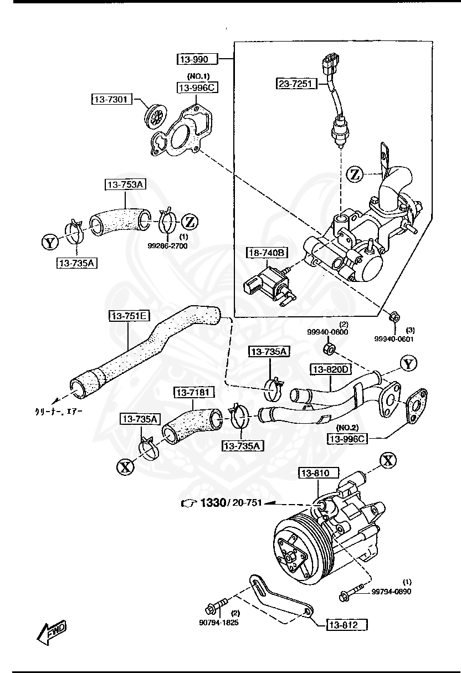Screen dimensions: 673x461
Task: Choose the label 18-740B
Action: tap(267, 253)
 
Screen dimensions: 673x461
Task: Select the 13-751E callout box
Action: tap(129, 316)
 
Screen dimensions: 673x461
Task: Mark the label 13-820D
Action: tap(331, 369)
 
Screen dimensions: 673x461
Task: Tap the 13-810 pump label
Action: tap(315, 473)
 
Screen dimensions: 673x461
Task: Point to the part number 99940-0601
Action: tap(393, 339)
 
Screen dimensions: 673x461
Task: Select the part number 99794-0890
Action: tap(391, 592)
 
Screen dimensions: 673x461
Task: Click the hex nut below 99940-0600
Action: tap(328, 349)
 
